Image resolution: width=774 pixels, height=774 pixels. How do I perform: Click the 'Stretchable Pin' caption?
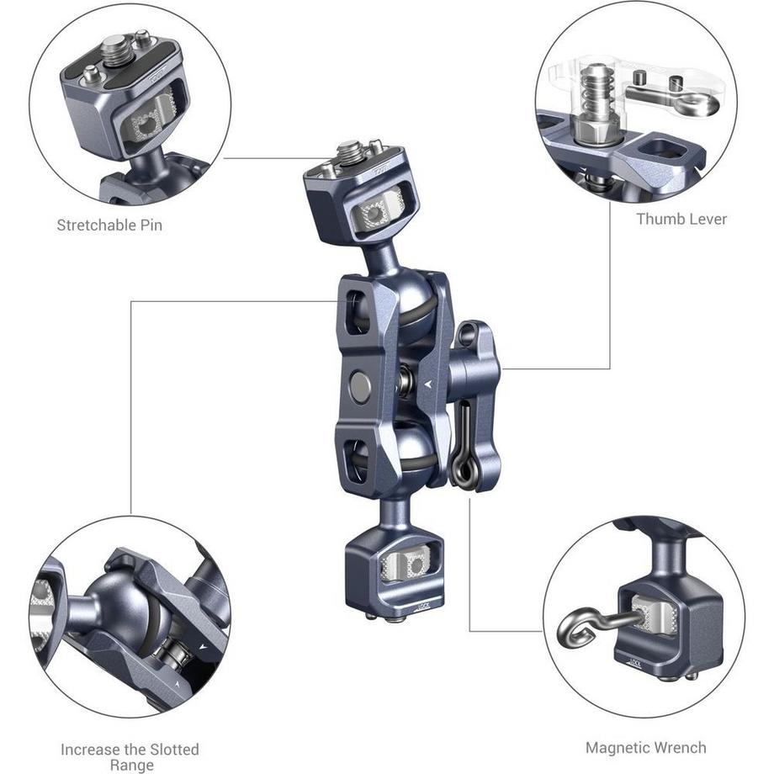coord(109,225)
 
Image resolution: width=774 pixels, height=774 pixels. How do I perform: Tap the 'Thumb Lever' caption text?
coord(681,219)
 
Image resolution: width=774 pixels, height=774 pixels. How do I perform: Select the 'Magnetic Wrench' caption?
coord(645,746)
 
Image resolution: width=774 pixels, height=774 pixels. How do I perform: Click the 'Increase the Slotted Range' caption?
coord(130,756)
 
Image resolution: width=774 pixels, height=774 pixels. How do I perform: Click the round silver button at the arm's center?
coord(360,387)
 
